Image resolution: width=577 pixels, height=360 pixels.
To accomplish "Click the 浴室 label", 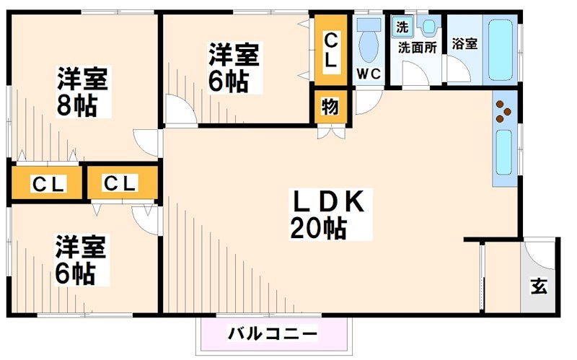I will [x=464, y=43].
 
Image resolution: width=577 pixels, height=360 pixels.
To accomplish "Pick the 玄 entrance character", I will [x=538, y=286].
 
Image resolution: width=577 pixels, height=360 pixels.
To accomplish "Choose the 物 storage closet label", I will [x=330, y=107].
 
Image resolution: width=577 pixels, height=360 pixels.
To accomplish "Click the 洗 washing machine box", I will [x=401, y=27].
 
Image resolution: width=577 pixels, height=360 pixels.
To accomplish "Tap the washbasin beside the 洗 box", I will [x=428, y=27].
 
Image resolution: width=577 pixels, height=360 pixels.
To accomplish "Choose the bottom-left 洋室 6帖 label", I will [x=82, y=260].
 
